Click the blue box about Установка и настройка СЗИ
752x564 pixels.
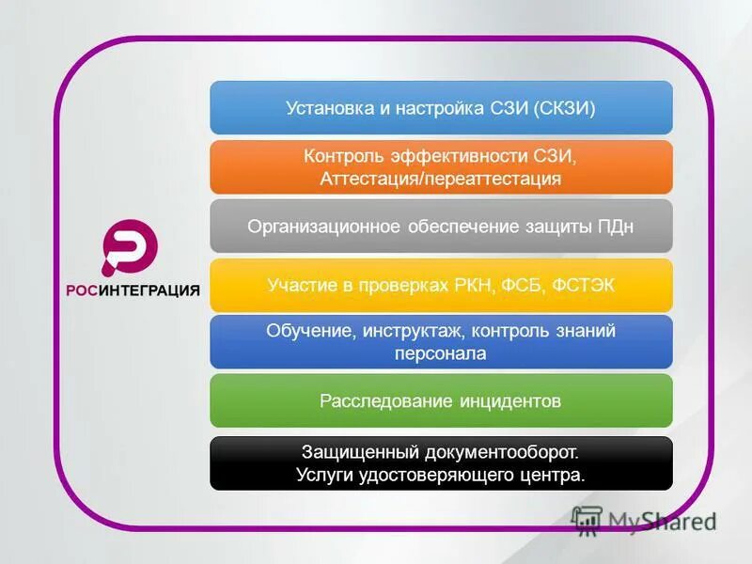[441, 107]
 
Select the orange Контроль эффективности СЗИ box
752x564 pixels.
[441, 166]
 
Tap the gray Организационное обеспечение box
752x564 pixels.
[441, 226]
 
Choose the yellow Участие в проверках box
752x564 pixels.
[441, 285]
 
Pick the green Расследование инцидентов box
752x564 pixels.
[441, 401]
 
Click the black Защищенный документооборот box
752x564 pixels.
[441, 462]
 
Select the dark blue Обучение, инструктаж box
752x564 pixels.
[441, 342]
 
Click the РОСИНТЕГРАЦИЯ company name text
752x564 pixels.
[133, 290]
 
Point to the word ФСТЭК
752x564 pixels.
[582, 285]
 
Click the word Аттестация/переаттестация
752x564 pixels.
[441, 179]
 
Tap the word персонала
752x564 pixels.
[441, 354]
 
